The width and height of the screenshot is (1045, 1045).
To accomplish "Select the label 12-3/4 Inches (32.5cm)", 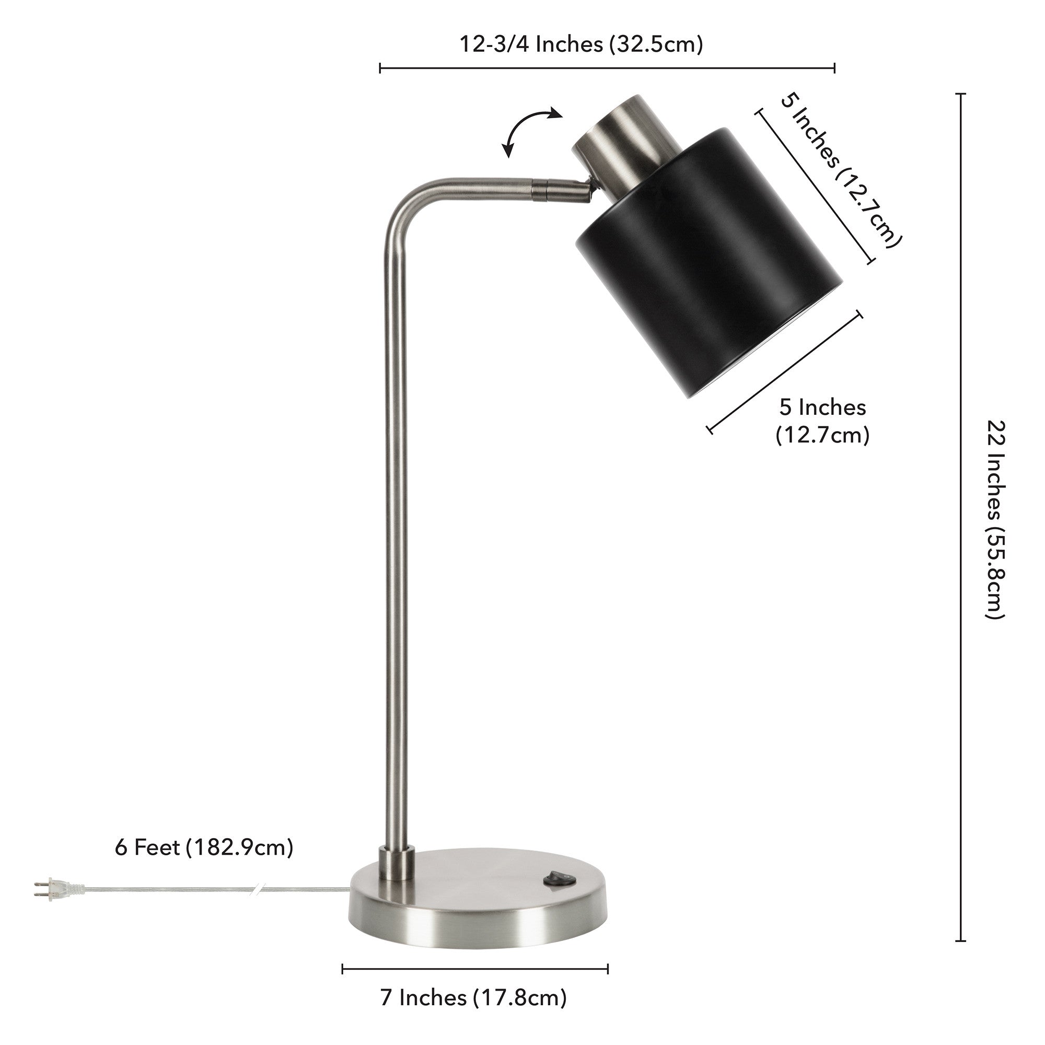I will coord(581,44).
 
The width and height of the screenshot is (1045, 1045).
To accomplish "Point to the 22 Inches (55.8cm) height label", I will coord(995,519).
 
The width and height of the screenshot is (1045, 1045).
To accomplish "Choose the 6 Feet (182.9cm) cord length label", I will coord(204,847).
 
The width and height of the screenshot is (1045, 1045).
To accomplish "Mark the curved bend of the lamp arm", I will coord(405,203).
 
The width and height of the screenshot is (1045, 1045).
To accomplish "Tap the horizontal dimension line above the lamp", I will coord(607,68).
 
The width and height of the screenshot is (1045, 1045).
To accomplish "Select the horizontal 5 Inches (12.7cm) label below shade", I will coord(822,421).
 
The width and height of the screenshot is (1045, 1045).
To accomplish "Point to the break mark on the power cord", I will coord(258,890).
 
